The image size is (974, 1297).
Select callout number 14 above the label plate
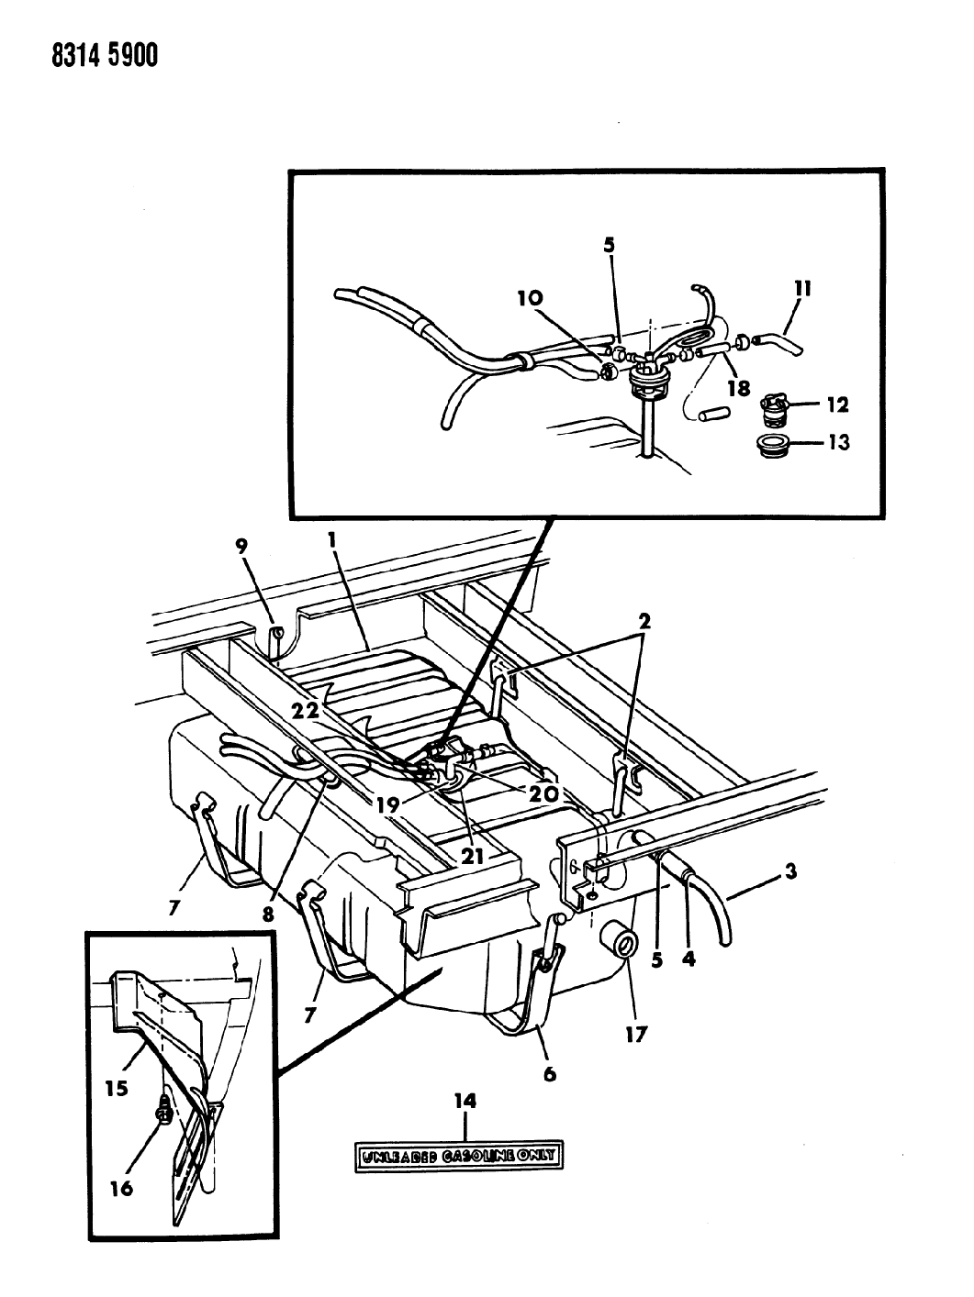(x=466, y=1101)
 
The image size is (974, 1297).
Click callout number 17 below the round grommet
(x=636, y=1035)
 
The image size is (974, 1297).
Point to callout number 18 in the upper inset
(x=739, y=388)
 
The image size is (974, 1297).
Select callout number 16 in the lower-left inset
(x=121, y=1188)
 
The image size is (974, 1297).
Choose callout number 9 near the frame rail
(x=241, y=548)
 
